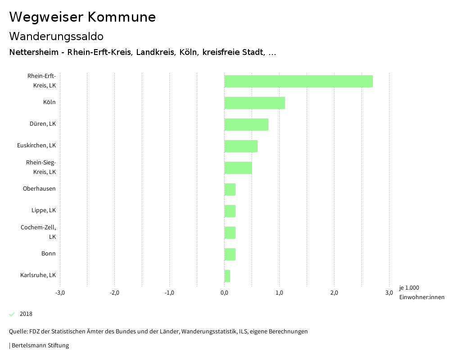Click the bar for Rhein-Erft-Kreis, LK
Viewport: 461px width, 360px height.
[298, 81]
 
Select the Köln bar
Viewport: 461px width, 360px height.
[255, 103]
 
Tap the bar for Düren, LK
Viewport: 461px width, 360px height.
[246, 124]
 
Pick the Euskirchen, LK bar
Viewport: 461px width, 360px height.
[241, 146]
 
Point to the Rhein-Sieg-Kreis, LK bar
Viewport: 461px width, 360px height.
[238, 168]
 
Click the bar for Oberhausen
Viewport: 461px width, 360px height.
[230, 189]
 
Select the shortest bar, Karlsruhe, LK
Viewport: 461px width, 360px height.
[227, 276]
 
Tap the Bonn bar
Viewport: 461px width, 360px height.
[230, 254]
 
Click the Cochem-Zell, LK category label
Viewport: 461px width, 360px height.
[39, 232]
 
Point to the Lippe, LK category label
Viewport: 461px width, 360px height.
[44, 210]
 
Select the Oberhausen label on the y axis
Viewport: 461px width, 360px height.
[39, 189]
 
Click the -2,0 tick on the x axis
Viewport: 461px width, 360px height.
[114, 293]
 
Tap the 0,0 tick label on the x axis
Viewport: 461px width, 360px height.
[224, 293]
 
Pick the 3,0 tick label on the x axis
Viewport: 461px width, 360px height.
[389, 293]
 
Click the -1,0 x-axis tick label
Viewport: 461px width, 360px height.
[169, 293]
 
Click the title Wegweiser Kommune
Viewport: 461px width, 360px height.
[82, 17]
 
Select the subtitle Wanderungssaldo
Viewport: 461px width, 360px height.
[56, 36]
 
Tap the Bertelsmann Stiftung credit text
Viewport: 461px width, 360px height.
[40, 346]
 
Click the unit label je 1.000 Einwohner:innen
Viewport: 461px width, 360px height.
[421, 292]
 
